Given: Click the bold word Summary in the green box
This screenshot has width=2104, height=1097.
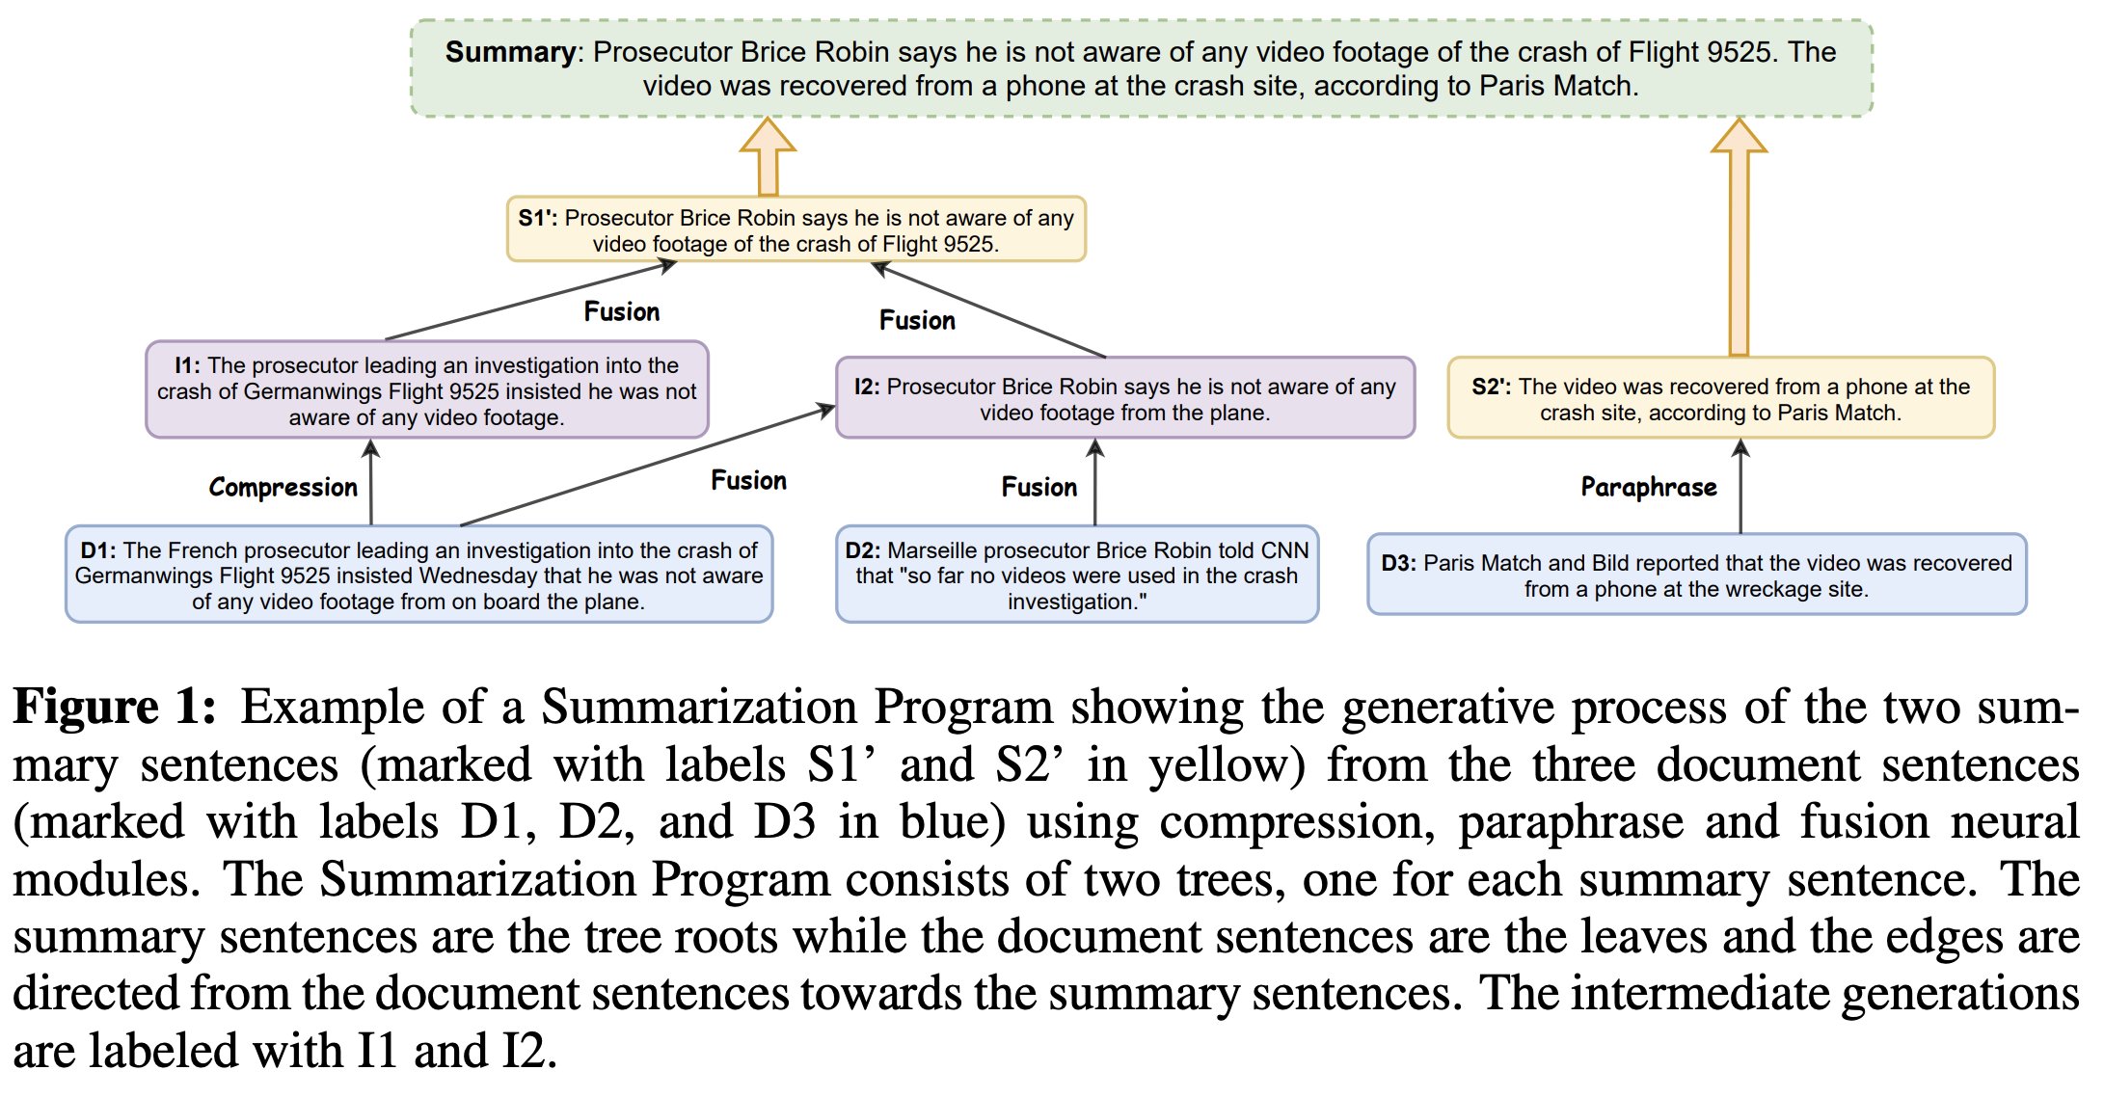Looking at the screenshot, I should click(x=510, y=52).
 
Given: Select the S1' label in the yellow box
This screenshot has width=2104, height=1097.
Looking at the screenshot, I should click(x=537, y=218).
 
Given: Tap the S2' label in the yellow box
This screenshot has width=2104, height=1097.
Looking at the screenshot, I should click(x=1491, y=387).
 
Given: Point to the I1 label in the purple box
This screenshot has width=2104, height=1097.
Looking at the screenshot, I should click(x=187, y=365).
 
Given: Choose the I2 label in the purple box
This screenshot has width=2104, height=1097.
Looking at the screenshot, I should click(x=867, y=387).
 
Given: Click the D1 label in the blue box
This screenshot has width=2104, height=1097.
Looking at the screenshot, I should click(x=98, y=550).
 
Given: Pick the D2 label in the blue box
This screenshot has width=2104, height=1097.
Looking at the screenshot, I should click(x=862, y=550).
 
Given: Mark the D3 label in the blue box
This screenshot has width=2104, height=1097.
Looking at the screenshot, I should click(x=1398, y=563).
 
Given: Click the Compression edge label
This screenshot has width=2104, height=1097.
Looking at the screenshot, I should click(x=283, y=488).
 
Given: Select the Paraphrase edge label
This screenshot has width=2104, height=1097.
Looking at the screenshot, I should click(x=1649, y=488).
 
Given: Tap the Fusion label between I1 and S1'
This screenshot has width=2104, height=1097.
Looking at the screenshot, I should click(x=622, y=312).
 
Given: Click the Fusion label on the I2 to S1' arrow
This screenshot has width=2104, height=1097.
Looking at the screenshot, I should click(x=917, y=321).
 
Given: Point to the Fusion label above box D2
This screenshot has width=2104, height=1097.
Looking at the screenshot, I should click(x=1039, y=488).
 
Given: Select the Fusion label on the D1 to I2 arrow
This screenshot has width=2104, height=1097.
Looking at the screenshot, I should click(x=748, y=481).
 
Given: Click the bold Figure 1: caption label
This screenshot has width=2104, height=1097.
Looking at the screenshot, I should click(x=114, y=708).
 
